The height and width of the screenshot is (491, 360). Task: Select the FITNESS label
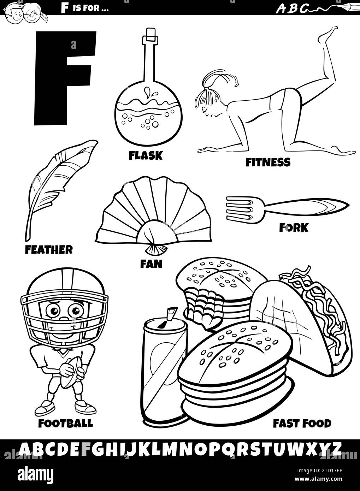268,162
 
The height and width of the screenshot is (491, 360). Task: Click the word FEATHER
49,250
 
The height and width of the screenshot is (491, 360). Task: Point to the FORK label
293,228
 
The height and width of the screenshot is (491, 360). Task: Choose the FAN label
151,264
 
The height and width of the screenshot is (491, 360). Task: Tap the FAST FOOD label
302,423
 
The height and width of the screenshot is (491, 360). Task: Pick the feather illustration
58,184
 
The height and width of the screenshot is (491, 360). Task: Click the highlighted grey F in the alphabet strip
87,449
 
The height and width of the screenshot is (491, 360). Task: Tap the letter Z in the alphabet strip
336,449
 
